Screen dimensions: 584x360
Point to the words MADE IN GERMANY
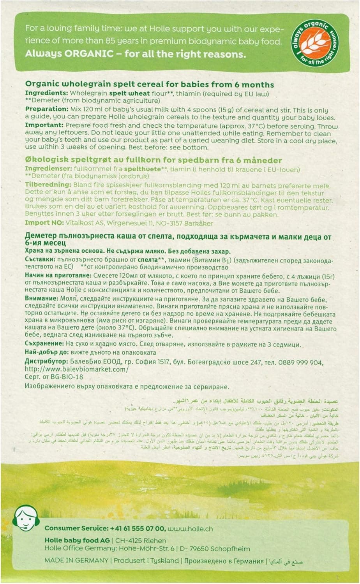click(x=76, y=561)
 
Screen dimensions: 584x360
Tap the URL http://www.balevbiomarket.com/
click(x=76, y=369)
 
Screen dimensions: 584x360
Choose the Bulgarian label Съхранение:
click(x=44, y=344)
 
